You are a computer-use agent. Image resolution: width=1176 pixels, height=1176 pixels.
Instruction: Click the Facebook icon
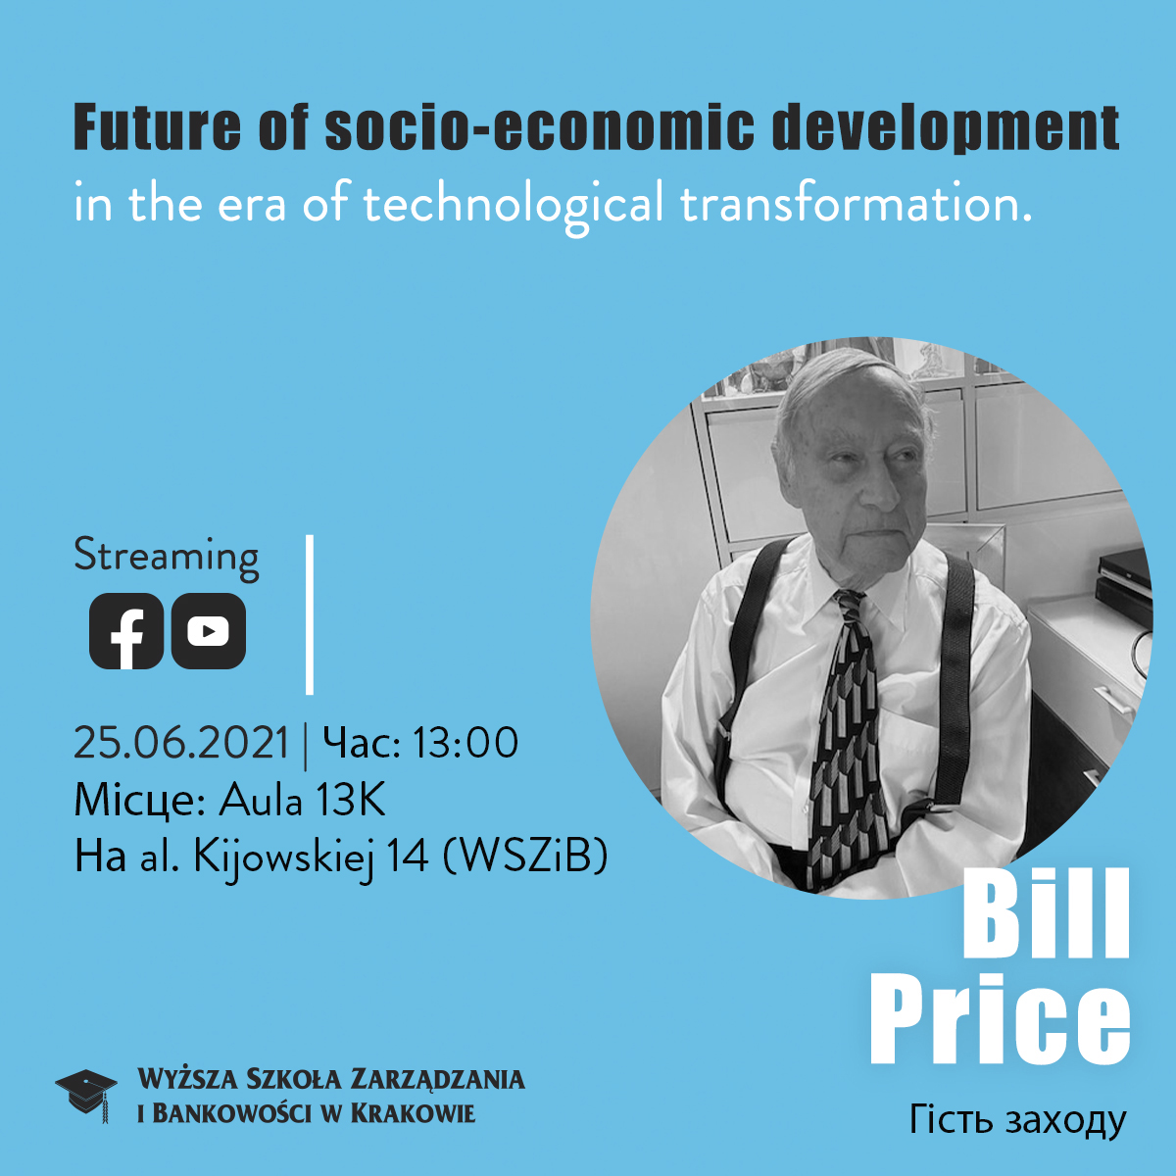tap(126, 630)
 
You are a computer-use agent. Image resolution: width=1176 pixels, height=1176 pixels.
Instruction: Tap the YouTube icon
tap(208, 630)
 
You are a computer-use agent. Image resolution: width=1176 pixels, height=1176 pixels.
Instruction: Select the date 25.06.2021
tap(181, 743)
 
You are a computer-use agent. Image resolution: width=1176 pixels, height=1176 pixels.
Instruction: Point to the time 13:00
tap(465, 743)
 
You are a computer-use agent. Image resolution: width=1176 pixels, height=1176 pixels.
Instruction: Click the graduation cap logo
tap(86, 1095)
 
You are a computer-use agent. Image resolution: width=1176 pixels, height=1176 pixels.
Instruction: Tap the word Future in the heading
tap(158, 127)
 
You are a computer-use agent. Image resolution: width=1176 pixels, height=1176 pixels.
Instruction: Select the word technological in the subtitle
tap(513, 205)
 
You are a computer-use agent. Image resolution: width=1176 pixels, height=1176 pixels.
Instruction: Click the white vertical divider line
tap(310, 613)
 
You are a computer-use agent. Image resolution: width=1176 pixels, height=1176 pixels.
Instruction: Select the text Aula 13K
tap(302, 800)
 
